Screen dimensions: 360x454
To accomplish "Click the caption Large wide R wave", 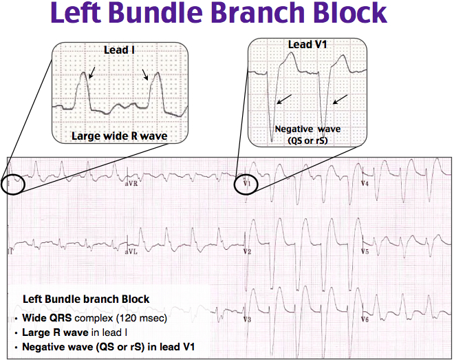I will click(119, 136).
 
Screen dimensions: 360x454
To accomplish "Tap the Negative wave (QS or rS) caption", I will click(307, 134).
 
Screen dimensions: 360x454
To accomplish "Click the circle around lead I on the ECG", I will click(14, 184).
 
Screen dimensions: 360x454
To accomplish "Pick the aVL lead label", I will click(131, 253).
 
